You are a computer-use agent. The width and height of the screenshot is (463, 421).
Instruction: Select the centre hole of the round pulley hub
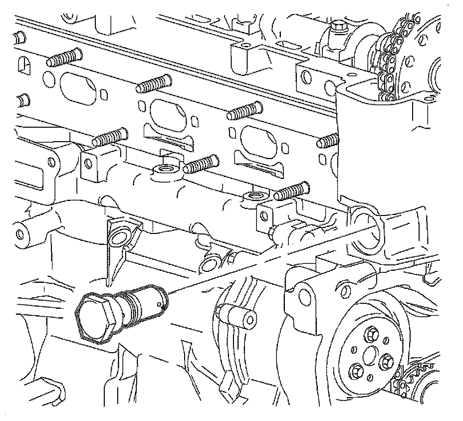[x=371, y=355]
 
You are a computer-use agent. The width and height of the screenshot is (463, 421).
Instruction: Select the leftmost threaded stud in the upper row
[x=62, y=57]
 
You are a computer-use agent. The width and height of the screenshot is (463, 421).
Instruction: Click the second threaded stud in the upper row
[x=153, y=84]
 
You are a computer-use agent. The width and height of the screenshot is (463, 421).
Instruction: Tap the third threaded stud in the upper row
[x=244, y=112]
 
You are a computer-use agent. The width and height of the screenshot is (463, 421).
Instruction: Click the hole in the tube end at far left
[x=21, y=234]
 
